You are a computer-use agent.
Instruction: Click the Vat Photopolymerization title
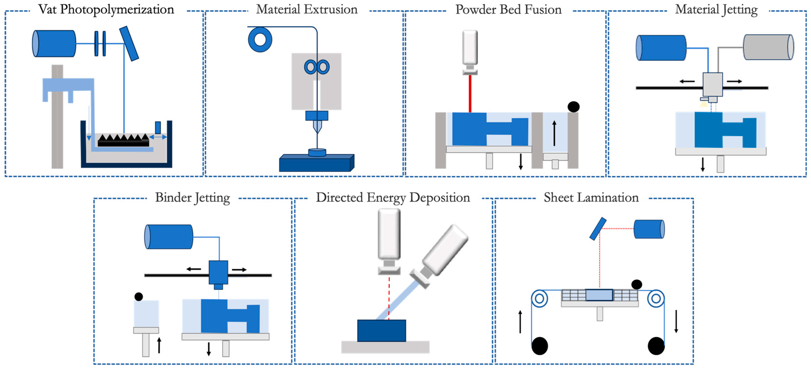tap(106, 9)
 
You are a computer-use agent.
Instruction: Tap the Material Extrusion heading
tap(307, 9)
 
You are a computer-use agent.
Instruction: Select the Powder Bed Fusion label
tap(508, 9)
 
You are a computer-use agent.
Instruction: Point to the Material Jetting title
tap(716, 9)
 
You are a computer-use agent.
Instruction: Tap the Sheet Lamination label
tap(591, 198)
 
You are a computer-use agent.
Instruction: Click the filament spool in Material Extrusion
tap(260, 40)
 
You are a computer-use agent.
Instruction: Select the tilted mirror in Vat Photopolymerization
tap(129, 44)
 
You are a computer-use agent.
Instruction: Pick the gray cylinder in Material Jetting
tap(768, 47)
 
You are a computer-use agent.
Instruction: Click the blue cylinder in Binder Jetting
tap(169, 237)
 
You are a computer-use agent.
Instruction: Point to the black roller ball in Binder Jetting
tap(139, 296)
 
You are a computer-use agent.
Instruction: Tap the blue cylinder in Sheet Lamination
tap(649, 229)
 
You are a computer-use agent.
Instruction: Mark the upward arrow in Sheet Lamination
tap(520, 321)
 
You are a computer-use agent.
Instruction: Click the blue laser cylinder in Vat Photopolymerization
tap(54, 44)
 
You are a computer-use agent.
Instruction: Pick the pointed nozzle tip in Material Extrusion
tap(317, 127)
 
